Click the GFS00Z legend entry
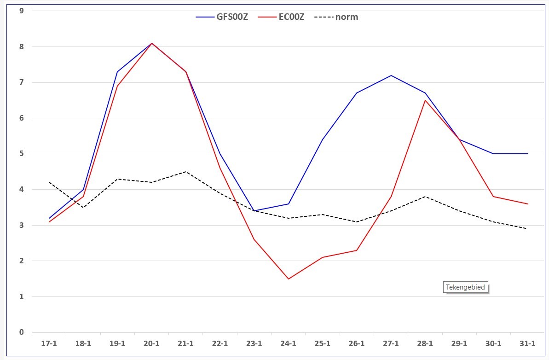[222, 17]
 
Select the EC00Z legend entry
[281, 17]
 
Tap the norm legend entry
[336, 17]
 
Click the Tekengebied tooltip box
[465, 287]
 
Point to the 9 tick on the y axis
[22, 11]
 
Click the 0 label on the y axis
[22, 332]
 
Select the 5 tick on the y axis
[22, 154]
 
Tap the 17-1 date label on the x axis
[49, 343]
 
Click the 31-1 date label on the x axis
[527, 343]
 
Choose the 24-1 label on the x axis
[288, 343]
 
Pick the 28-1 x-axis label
[425, 343]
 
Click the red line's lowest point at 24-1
[288, 279]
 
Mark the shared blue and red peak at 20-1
[151, 43]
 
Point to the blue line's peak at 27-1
[391, 75]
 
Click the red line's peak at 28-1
[425, 100]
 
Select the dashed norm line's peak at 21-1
[185, 172]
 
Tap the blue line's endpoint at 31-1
[527, 154]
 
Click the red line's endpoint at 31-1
[527, 204]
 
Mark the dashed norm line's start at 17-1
[49, 182]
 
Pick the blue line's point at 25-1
[323, 139]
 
